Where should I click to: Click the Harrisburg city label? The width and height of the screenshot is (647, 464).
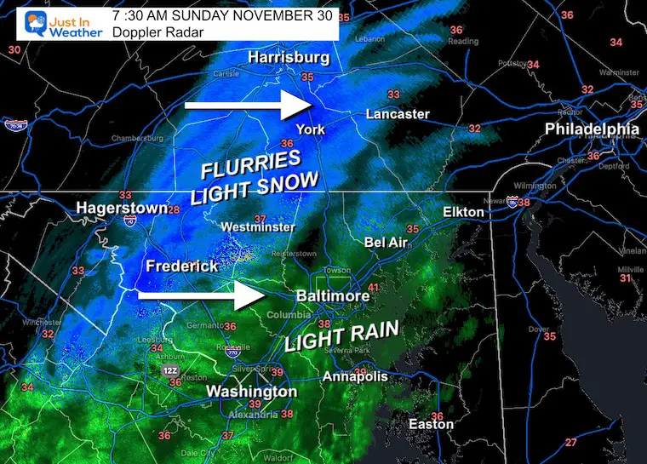289,58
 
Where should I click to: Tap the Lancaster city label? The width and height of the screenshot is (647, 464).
398,114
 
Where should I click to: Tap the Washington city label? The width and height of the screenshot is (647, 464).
252,392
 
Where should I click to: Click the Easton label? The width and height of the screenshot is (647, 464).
426,424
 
